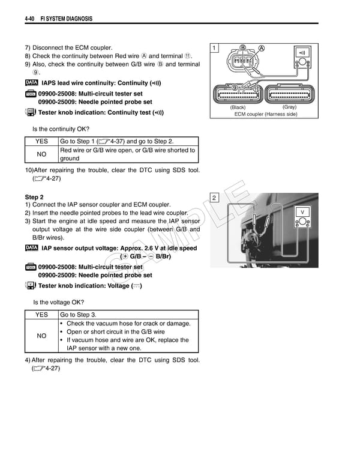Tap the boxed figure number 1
215,48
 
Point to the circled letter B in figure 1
242,47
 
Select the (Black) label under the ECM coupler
238,107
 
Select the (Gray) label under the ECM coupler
289,107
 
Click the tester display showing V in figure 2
303,213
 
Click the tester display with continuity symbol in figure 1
301,52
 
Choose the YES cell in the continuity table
41,141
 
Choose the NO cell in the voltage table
41,336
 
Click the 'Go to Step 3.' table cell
77,315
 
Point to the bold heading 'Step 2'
34,197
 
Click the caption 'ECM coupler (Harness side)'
265,114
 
